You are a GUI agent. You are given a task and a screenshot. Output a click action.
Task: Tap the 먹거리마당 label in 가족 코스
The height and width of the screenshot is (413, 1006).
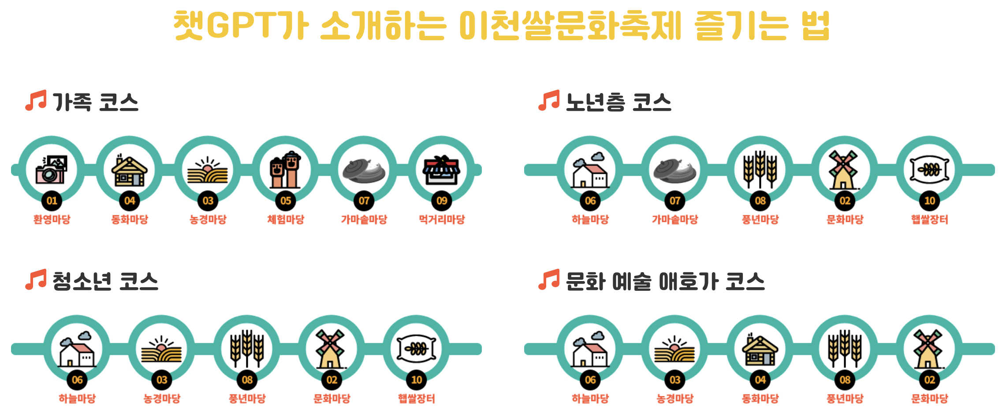tap(442, 219)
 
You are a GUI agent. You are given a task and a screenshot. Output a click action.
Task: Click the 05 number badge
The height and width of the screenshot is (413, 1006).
tap(286, 201)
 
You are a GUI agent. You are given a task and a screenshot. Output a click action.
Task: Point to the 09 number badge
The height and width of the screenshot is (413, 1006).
tap(442, 201)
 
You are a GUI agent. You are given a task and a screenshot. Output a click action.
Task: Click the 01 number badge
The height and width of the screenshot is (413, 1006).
tap(52, 201)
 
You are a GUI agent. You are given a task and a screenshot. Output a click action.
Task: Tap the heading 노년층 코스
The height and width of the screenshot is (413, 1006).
tap(618, 102)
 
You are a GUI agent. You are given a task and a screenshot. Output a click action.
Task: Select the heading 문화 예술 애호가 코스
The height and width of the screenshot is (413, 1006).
tap(665, 282)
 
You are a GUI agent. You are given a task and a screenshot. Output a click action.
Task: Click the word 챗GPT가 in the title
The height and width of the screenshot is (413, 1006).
tap(241, 26)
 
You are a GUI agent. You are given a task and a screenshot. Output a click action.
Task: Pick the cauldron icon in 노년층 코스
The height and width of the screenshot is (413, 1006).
tap(674, 170)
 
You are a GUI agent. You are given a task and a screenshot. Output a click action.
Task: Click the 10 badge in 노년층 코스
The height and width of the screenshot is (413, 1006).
tap(930, 201)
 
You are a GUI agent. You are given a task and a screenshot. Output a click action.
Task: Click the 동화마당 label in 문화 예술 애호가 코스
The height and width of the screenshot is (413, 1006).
tap(760, 398)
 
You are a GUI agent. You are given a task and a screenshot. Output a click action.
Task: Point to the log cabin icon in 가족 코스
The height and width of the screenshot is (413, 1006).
tap(129, 170)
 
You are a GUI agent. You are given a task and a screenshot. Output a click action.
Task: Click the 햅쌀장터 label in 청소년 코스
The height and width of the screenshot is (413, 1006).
tap(416, 398)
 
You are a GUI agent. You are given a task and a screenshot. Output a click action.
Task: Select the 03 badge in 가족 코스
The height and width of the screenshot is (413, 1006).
tap(208, 201)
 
